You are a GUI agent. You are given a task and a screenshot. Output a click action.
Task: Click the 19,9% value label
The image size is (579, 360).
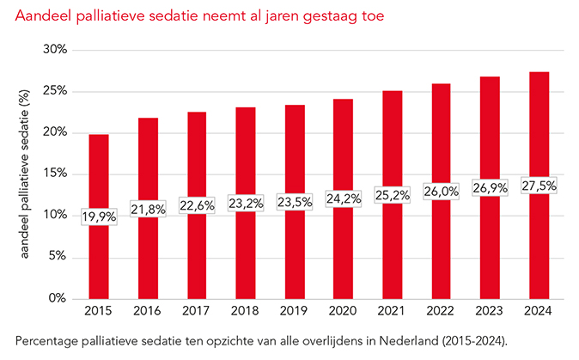pos(99,217)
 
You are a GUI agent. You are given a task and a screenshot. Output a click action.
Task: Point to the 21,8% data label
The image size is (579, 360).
pos(148,210)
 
